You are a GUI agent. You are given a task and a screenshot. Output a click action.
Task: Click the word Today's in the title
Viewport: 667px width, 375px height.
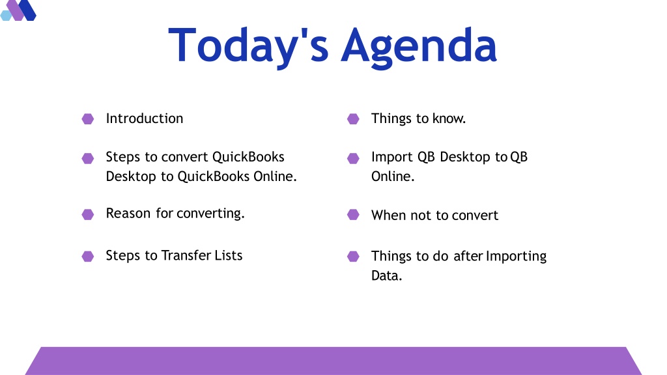click(248, 46)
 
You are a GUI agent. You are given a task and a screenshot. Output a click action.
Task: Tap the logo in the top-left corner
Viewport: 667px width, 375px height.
click(18, 10)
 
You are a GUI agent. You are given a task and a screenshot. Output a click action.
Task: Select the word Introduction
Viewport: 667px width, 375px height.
click(145, 118)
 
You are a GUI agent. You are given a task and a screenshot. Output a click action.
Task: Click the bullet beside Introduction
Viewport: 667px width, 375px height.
click(88, 118)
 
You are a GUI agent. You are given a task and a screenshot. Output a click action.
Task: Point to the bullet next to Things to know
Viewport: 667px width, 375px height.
click(353, 118)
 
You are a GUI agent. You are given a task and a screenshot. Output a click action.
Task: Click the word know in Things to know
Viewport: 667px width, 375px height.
click(449, 118)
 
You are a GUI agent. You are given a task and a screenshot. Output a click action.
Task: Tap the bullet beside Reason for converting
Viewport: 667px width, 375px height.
click(88, 214)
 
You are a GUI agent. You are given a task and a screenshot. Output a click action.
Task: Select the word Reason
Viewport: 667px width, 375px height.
click(128, 213)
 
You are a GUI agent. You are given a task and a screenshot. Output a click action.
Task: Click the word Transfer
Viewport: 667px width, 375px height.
click(186, 255)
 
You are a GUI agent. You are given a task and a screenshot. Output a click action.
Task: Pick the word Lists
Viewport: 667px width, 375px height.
click(229, 255)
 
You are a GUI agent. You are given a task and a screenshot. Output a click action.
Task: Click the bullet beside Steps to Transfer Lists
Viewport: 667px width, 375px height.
click(88, 257)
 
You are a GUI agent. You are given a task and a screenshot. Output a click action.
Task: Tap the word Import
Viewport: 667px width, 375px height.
click(391, 158)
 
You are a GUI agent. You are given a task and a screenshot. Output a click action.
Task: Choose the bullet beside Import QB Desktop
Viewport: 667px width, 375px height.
click(353, 158)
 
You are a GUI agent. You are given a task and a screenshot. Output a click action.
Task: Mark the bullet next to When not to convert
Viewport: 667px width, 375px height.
click(353, 214)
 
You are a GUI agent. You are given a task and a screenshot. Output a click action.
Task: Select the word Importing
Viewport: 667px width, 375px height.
click(516, 257)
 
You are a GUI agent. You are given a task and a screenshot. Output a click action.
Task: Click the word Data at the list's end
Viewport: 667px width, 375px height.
click(387, 275)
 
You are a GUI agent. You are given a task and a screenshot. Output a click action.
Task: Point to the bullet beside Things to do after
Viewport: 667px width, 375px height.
click(353, 257)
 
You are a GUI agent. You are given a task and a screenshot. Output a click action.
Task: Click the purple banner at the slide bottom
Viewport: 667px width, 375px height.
click(333, 361)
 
